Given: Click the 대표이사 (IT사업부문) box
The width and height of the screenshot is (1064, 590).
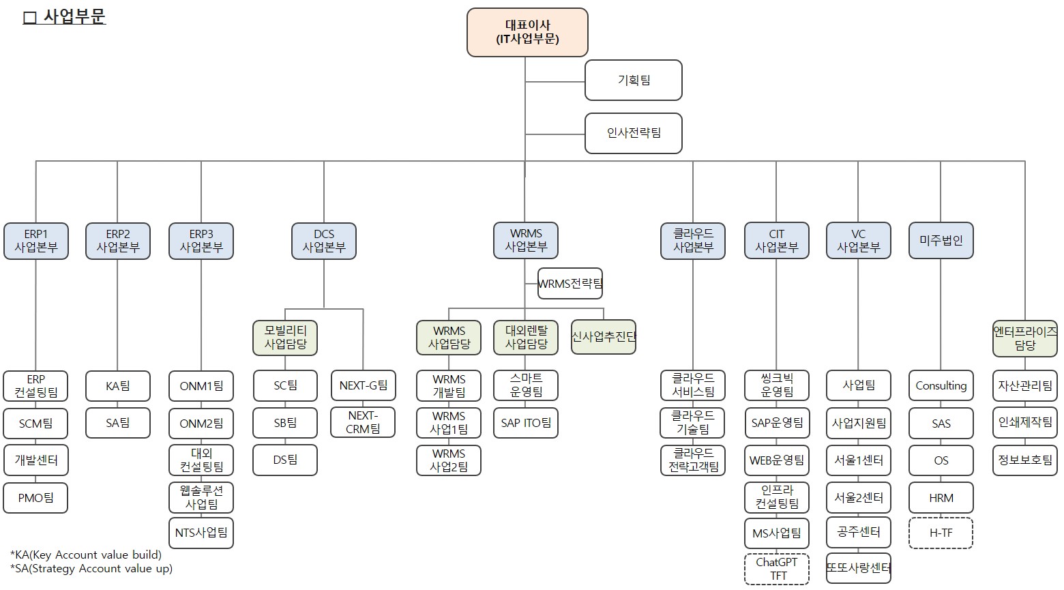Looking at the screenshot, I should (x=527, y=32).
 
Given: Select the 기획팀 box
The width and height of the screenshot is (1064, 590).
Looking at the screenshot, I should (x=634, y=80).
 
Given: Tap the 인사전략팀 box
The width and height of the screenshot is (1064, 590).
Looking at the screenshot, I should (x=634, y=133).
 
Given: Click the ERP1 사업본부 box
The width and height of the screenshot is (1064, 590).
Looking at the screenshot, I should (x=36, y=241).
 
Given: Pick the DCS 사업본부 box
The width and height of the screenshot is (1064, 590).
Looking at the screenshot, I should (x=324, y=241).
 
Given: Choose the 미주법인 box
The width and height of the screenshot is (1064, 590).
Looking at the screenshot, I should (x=941, y=241).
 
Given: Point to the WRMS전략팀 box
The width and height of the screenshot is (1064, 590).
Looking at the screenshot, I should (x=570, y=284).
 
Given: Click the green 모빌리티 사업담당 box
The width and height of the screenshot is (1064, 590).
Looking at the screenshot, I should (x=285, y=338).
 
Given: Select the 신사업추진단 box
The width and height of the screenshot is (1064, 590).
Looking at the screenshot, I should (x=604, y=337).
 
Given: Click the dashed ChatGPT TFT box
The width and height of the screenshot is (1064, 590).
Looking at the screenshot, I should (x=777, y=569).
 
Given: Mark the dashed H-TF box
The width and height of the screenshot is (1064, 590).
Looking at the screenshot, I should (x=941, y=533).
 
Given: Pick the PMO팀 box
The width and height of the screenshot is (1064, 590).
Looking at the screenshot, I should (x=36, y=498).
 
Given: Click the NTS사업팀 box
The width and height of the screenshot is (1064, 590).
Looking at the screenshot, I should (x=201, y=533).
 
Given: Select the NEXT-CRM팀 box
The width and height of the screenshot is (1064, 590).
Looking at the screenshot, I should (x=363, y=422).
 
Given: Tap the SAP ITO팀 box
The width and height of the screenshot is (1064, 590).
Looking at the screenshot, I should (x=526, y=423).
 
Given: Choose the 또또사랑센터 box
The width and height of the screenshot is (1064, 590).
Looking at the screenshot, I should (x=859, y=568).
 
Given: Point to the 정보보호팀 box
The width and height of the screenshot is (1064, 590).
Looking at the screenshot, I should (x=1024, y=460).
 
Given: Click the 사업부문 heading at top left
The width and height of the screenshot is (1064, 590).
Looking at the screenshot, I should (x=65, y=17).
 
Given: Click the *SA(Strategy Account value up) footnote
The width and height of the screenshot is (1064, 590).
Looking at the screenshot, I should (x=91, y=569).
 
